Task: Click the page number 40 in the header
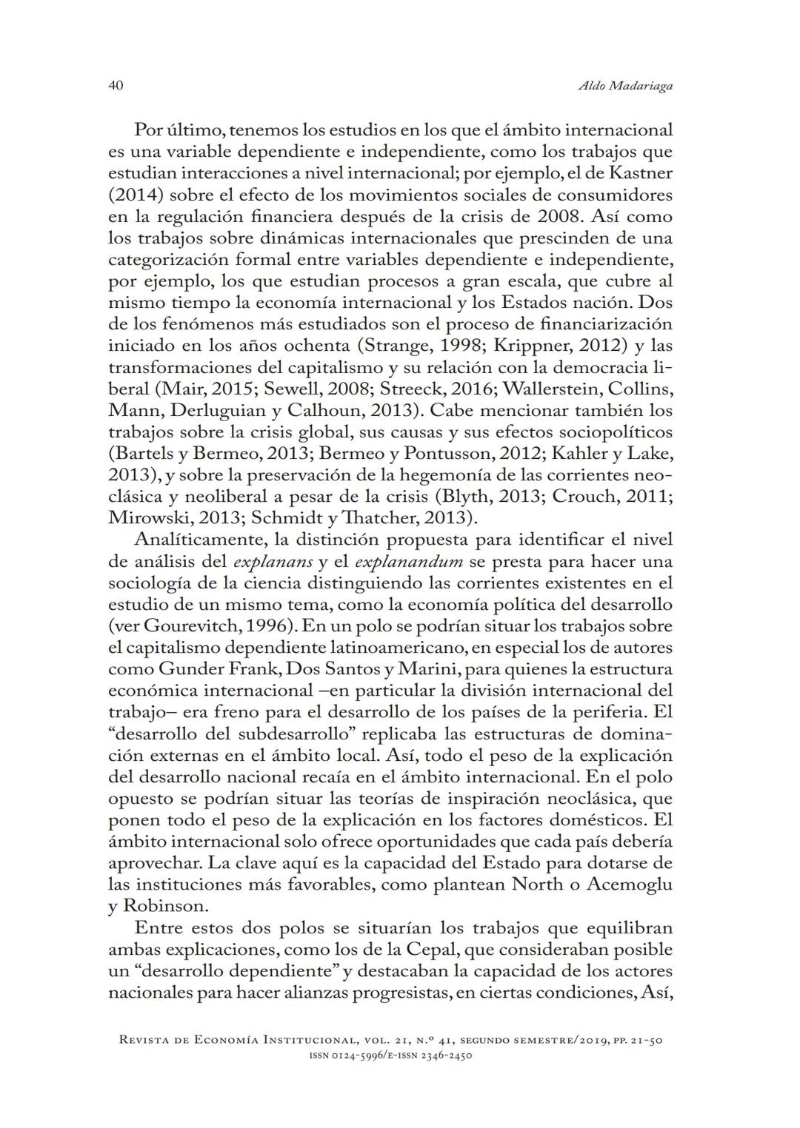[x=116, y=86]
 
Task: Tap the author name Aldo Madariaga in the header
[x=624, y=87]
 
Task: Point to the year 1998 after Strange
[x=424, y=346]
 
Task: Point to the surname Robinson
[x=166, y=906]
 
